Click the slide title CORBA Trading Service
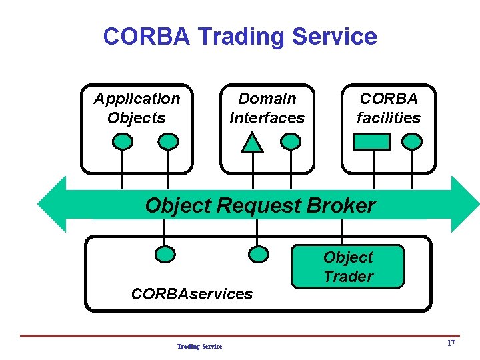pos(240,36)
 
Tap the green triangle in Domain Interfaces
pos(252,143)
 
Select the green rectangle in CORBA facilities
pos(371,141)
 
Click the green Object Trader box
pos(348,267)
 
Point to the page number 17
pos(451,343)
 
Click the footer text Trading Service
pos(199,346)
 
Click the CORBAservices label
pos(192,293)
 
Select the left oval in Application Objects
pos(123,141)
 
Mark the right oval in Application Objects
pos(169,141)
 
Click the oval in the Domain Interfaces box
pos(291,141)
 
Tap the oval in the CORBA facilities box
pos(413,141)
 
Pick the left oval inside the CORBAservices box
pos(165,253)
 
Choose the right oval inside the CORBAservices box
pos(258,253)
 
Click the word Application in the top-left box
pos(137,99)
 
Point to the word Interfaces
pos(267,118)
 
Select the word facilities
pos(389,118)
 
